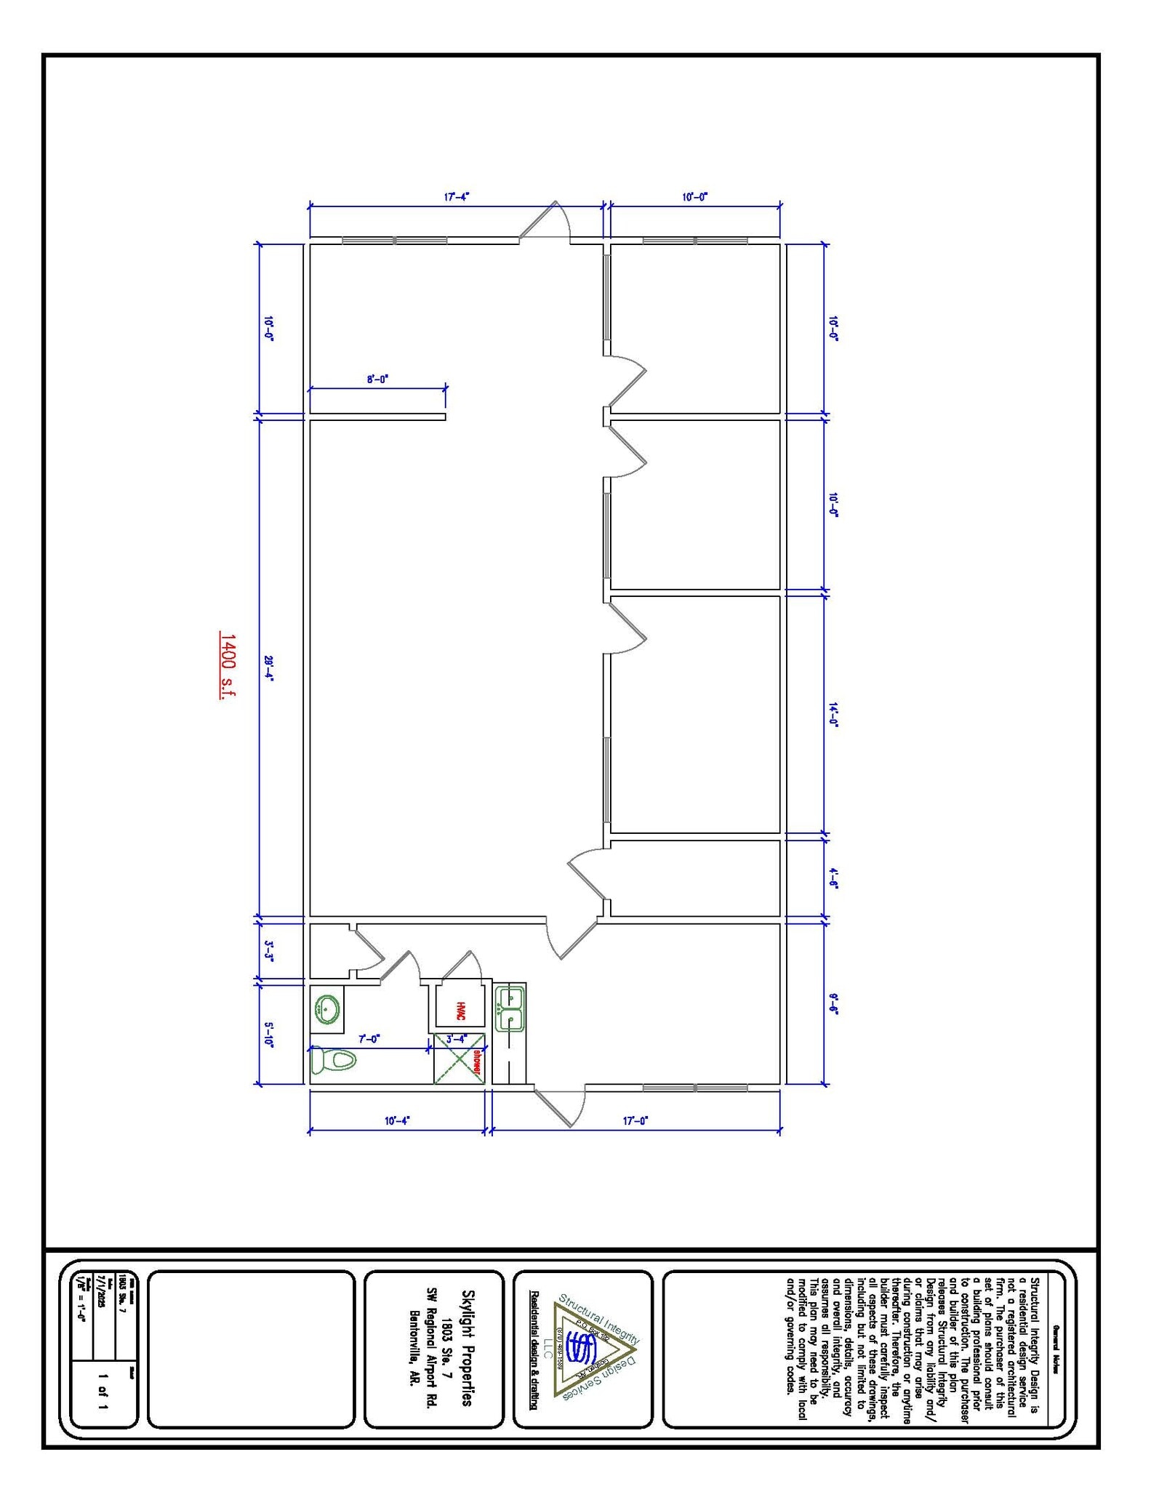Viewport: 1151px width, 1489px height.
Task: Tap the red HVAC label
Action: pyautogui.click(x=460, y=1011)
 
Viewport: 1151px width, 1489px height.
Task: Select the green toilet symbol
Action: pyautogui.click(x=333, y=1060)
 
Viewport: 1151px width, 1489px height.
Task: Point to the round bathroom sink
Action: pyautogui.click(x=326, y=1009)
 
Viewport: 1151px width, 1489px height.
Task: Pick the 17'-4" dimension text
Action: pyautogui.click(x=457, y=196)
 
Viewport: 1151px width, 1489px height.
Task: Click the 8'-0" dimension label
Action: pyautogui.click(x=377, y=379)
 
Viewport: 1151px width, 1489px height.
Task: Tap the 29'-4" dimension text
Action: pyautogui.click(x=268, y=666)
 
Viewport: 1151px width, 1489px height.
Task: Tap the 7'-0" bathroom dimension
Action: pyautogui.click(x=369, y=1038)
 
